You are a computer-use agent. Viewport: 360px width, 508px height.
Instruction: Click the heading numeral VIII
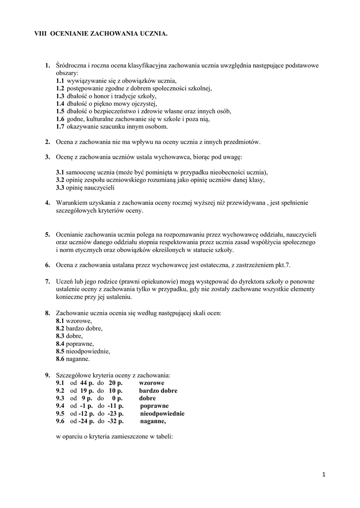pyautogui.click(x=40, y=33)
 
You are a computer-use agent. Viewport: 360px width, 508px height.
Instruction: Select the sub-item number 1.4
pyautogui.click(x=60, y=104)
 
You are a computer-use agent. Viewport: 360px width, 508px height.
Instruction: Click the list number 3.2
pyautogui.click(x=60, y=180)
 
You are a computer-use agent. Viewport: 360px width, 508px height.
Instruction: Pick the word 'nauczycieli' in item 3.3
pyautogui.click(x=101, y=188)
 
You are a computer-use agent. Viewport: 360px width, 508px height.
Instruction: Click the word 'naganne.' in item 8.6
pyautogui.click(x=78, y=359)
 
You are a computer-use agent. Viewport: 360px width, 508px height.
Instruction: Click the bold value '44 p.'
pyautogui.click(x=87, y=383)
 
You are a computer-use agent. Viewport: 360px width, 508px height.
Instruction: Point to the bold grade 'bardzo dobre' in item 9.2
pyautogui.click(x=158, y=390)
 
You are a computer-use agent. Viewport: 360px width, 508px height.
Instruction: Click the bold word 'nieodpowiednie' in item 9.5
pyautogui.click(x=162, y=413)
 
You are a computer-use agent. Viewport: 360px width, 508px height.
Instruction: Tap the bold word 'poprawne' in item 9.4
pyautogui.click(x=154, y=406)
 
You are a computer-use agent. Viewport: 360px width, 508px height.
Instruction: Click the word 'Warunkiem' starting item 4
pyautogui.click(x=71, y=202)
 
